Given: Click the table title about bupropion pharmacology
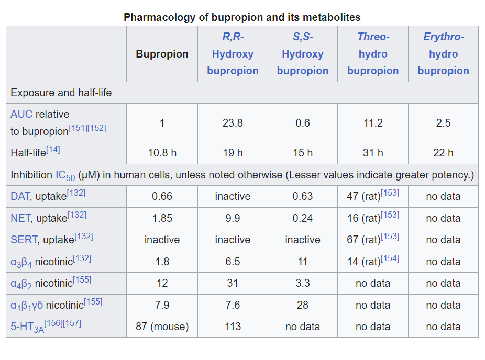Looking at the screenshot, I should [242, 17].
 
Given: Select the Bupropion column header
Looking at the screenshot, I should [162, 54].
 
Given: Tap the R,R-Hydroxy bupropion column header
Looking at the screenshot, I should [233, 54].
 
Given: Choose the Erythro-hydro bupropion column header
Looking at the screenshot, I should [443, 54].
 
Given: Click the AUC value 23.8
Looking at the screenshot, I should [233, 123].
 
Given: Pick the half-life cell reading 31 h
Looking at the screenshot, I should [373, 153].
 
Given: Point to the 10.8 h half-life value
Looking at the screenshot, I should [162, 153].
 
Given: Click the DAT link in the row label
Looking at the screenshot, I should [19, 197].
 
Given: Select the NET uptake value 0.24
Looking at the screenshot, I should [303, 218].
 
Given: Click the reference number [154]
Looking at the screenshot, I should [390, 258].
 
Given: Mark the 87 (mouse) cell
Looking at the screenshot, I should [162, 327].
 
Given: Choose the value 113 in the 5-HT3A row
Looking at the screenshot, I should [233, 327].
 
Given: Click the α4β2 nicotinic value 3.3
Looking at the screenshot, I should [303, 284].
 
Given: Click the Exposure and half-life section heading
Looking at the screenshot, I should [61, 93].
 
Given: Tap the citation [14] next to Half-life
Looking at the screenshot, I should [53, 150].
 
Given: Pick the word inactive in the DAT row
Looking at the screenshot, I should [233, 197].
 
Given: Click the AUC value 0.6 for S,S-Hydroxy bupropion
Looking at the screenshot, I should [303, 123].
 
